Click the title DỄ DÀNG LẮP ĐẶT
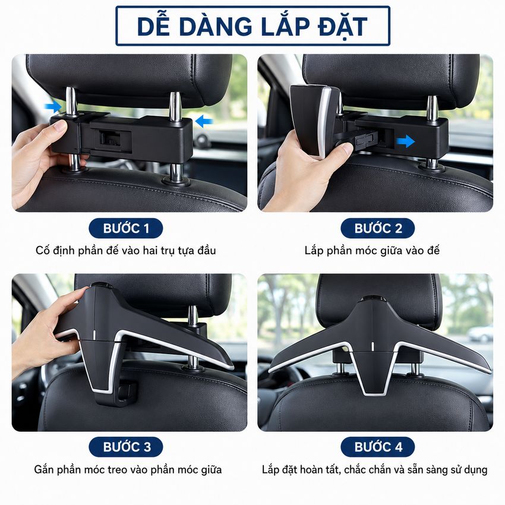252,26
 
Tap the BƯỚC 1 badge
125,228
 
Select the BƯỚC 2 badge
378,228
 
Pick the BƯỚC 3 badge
125,447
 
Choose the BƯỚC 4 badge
378,447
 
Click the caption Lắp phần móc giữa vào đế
372,251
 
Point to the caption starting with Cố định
125,251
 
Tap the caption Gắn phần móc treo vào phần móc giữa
128,469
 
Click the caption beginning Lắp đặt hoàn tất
374,469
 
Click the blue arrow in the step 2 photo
405,141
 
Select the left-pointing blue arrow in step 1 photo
204,121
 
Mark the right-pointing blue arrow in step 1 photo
53,106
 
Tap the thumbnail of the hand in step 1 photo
59,125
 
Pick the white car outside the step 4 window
480,334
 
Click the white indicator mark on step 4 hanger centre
373,346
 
